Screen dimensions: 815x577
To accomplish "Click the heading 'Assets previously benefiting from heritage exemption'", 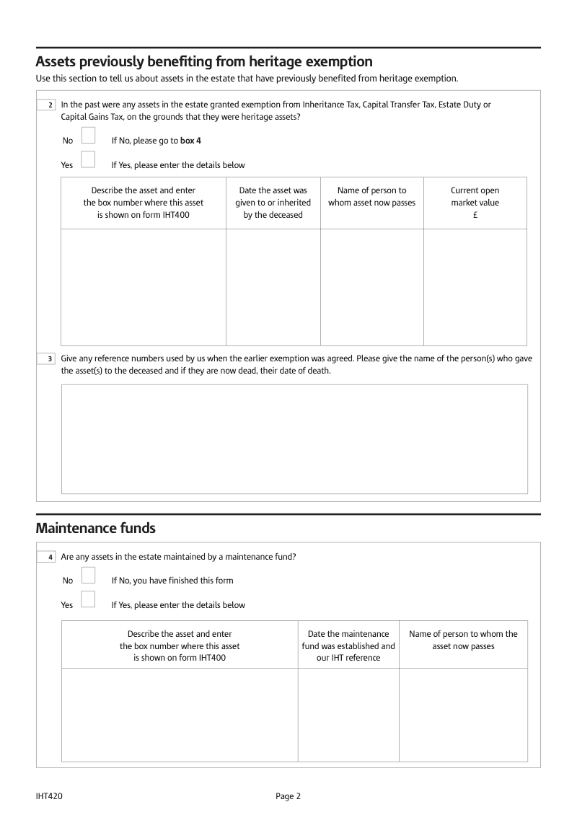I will [204, 61].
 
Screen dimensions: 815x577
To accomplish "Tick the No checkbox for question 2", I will [88, 136].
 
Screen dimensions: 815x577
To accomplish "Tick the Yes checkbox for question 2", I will [88, 159].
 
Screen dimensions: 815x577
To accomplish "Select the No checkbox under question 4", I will [88, 575].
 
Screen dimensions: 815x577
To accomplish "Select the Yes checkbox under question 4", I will [88, 599].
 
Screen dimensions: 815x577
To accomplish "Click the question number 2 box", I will [48, 105].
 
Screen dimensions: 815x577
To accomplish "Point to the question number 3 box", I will [48, 358].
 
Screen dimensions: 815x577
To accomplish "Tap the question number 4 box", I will [48, 557].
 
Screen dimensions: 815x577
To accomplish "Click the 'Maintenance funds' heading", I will [95, 528].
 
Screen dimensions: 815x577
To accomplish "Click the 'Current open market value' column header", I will [475, 203].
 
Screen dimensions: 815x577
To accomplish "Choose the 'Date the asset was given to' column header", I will [273, 203].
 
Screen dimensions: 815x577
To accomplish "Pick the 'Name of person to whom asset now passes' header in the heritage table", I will [371, 197].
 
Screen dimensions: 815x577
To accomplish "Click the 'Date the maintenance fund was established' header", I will [348, 646].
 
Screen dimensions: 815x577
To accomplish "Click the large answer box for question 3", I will [294, 439].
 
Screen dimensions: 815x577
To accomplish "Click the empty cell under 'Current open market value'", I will [475, 287].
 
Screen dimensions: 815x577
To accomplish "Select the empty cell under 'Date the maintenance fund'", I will [348, 714].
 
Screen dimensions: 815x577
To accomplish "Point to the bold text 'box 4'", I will [190, 141].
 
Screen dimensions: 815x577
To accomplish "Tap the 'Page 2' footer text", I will [288, 796].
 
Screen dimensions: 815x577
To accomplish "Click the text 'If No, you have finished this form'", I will [172, 580].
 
